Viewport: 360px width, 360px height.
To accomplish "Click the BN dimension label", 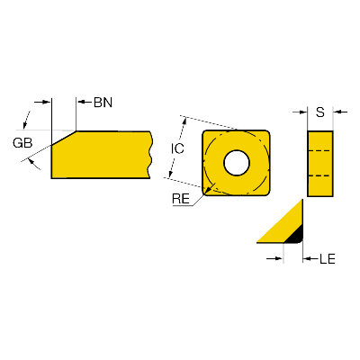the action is (103, 103).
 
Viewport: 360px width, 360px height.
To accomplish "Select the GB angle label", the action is (22, 143).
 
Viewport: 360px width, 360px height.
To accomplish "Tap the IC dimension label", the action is (177, 148).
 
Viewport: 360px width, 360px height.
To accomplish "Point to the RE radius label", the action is (181, 199).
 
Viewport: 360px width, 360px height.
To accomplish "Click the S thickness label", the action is (320, 112).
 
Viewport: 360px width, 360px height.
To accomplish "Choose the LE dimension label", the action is (328, 258).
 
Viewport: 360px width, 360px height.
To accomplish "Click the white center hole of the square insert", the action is (237, 163).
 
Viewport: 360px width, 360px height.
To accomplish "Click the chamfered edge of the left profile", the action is (64, 138).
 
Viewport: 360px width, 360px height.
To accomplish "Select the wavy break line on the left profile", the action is (150, 155).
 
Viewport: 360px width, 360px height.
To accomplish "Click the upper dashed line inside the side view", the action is (320, 150).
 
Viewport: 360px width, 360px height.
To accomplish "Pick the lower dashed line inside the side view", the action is (320, 175).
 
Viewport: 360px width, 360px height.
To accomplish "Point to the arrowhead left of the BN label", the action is (82, 102).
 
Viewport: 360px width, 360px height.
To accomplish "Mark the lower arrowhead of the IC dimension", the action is (170, 174).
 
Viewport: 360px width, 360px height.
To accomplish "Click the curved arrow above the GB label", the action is (26, 119).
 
